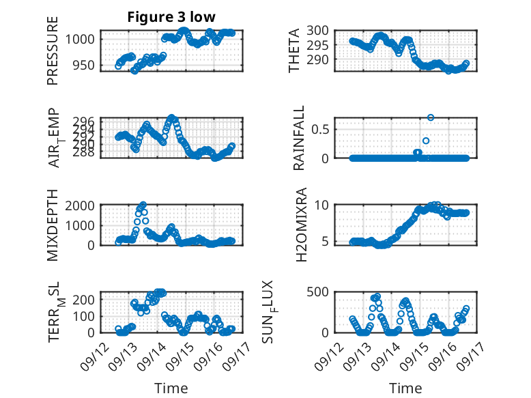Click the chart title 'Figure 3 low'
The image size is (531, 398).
click(x=171, y=17)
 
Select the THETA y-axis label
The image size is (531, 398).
click(x=294, y=51)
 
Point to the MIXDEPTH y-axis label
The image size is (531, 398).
click(x=53, y=225)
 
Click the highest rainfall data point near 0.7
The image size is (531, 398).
click(x=431, y=117)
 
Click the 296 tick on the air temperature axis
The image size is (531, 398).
click(x=89, y=121)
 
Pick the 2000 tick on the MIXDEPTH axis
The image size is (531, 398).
click(x=83, y=205)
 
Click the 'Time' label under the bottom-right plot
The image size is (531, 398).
click(x=405, y=388)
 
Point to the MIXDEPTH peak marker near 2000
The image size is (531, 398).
click(x=143, y=205)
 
